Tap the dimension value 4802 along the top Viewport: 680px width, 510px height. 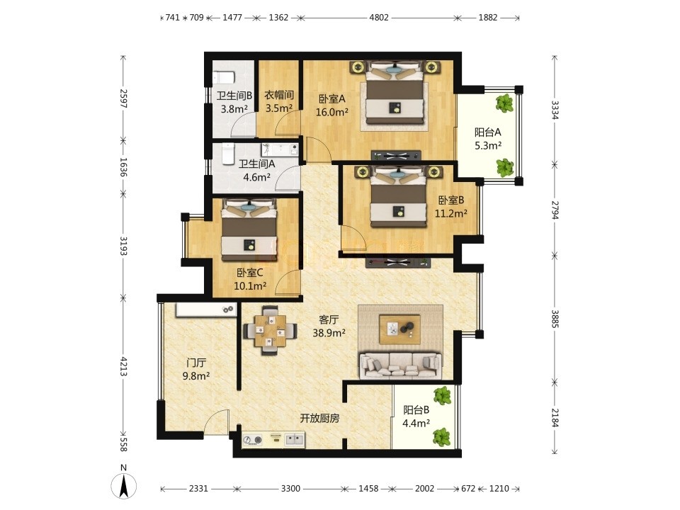378,18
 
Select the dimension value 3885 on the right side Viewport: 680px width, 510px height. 555,319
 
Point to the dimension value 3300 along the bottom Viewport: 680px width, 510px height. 290,489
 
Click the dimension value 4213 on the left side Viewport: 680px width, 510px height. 123,367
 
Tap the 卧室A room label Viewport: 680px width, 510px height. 331,99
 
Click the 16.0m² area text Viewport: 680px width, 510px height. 331,113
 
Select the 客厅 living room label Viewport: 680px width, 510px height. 329,319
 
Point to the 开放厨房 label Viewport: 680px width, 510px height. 319,419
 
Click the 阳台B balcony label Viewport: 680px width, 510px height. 416,410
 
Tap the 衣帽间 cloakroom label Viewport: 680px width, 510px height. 279,94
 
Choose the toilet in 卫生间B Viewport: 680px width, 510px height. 224,78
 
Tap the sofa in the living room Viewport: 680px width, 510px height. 401,365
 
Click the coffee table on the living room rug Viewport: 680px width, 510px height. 399,329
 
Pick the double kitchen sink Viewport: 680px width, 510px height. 295,440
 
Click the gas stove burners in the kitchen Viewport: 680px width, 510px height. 253,440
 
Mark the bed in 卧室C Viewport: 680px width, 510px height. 249,230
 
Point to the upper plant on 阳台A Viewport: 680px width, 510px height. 504,103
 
